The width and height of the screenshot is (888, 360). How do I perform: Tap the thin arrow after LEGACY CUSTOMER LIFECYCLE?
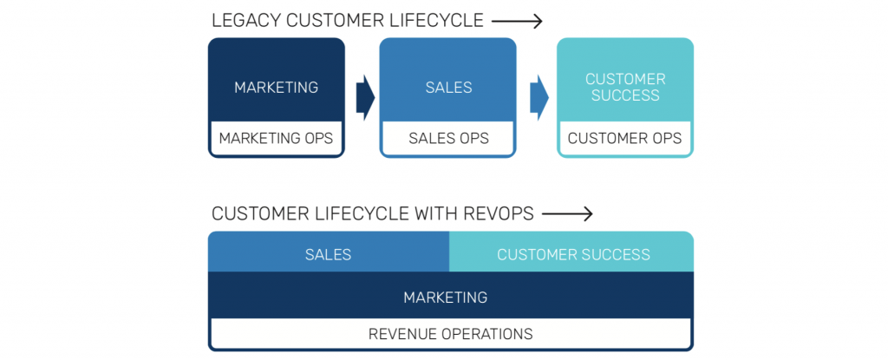(519, 21)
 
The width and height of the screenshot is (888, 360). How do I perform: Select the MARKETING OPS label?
(276, 138)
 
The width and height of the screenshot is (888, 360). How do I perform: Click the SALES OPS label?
(448, 138)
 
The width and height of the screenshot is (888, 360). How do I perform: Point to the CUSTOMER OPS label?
(624, 138)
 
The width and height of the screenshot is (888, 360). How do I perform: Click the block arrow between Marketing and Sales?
(364, 97)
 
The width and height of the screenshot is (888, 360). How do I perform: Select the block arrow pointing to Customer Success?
(539, 97)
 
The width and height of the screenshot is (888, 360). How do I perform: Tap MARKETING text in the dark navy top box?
(276, 87)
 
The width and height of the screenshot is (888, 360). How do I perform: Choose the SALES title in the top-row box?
(448, 87)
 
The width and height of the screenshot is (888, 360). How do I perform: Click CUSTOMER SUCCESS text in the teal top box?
(624, 87)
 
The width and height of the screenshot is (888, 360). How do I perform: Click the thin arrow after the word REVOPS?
(568, 213)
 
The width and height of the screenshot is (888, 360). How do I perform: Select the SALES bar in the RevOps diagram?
(328, 254)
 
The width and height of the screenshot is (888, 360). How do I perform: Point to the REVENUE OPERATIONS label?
(450, 333)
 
